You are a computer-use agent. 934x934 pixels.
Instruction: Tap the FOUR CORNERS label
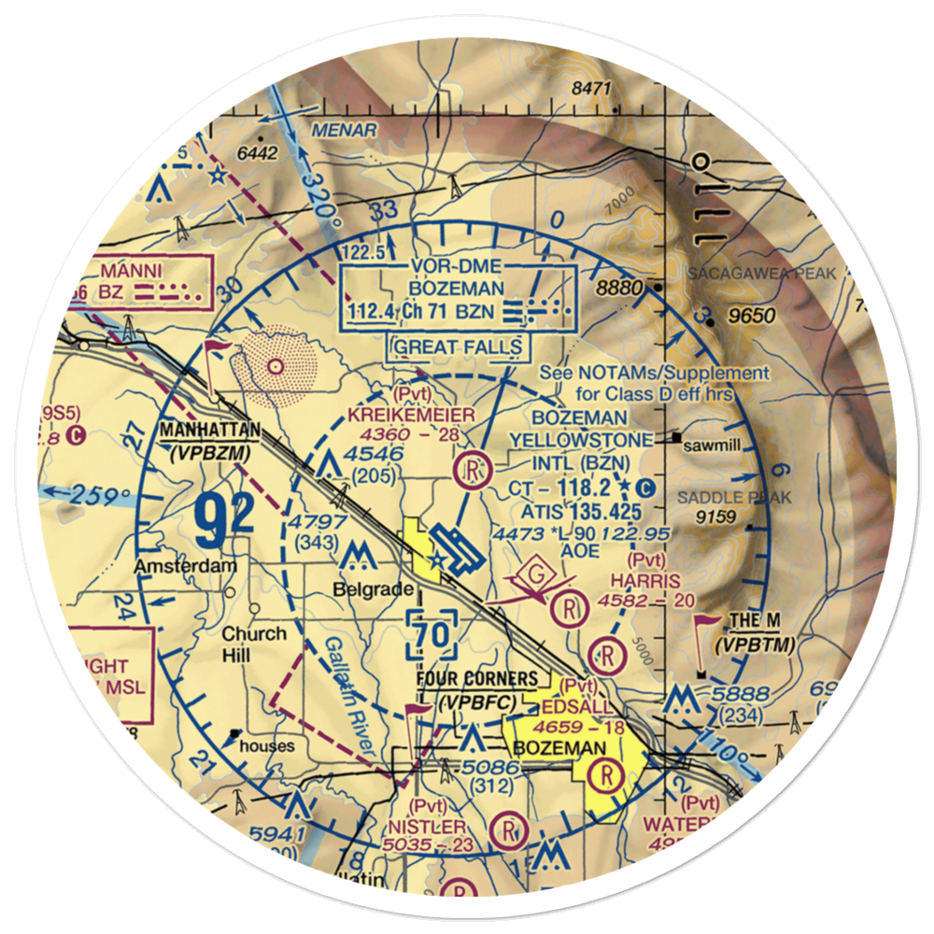(x=476, y=679)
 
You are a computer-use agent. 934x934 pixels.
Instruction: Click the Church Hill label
(x=253, y=644)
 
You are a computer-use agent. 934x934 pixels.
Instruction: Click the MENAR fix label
(x=345, y=129)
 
